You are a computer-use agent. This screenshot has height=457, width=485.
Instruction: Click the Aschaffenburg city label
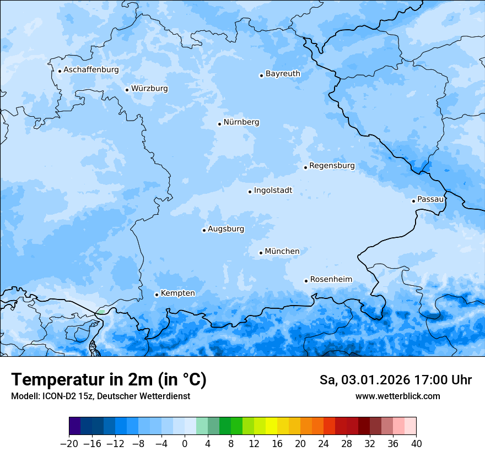pyautogui.click(x=91, y=70)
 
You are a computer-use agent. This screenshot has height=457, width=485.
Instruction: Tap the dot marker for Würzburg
pyautogui.click(x=127, y=90)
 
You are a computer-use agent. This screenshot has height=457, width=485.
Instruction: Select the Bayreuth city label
pyautogui.click(x=283, y=74)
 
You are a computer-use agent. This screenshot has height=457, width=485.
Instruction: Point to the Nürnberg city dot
pyautogui.click(x=219, y=124)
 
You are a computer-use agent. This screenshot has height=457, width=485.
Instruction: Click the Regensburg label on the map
pyautogui.click(x=332, y=166)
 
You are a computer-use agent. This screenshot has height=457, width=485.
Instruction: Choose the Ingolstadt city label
pyautogui.click(x=273, y=191)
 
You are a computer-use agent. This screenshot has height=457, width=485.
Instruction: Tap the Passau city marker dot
pyautogui.click(x=413, y=201)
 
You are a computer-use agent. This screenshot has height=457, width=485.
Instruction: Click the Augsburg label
pyautogui.click(x=225, y=229)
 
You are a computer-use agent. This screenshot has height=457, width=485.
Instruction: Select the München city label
pyautogui.click(x=282, y=252)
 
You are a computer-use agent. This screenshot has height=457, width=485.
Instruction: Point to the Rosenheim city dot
pyautogui.click(x=306, y=281)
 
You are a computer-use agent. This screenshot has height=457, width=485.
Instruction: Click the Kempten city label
pyautogui.click(x=177, y=293)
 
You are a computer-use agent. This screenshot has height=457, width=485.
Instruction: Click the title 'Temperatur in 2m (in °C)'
pyautogui.click(x=109, y=379)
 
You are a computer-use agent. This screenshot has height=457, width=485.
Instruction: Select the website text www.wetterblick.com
pyautogui.click(x=397, y=396)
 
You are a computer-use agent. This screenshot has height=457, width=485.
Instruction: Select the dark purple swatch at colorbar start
pyautogui.click(x=75, y=426)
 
